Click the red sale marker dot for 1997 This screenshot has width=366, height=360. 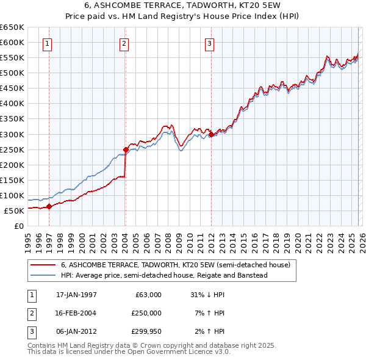click(x=49, y=206)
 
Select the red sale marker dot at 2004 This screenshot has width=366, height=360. click(x=126, y=149)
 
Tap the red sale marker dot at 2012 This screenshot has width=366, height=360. click(x=210, y=134)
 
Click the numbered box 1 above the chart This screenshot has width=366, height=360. click(x=47, y=43)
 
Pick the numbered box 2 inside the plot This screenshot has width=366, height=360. click(x=124, y=43)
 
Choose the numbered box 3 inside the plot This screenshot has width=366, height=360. click(x=209, y=43)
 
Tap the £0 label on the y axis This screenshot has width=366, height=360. click(x=18, y=226)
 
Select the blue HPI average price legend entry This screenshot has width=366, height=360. click(x=164, y=275)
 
